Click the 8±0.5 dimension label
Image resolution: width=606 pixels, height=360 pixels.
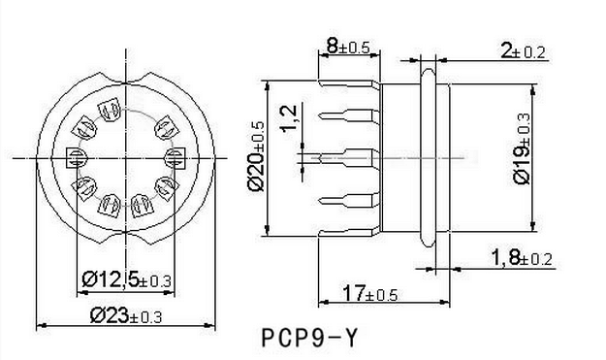[348, 47]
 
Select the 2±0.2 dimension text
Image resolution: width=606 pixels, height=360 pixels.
[523, 50]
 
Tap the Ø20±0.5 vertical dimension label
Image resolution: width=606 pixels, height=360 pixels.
[256, 156]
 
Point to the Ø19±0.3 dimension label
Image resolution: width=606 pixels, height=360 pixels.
[522, 148]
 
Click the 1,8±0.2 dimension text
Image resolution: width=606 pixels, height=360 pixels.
[522, 258]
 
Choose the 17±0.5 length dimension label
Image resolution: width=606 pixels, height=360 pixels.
[370, 293]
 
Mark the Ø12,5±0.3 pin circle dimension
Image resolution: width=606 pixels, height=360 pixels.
[126, 279]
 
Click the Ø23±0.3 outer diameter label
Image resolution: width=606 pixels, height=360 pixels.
[126, 315]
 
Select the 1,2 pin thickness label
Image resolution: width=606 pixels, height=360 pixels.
[289, 118]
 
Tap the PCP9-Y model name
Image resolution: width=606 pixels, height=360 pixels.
[310, 338]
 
